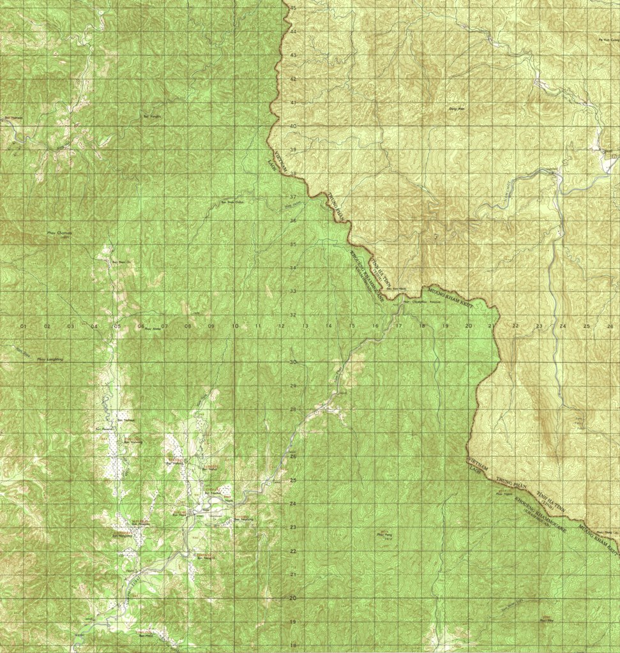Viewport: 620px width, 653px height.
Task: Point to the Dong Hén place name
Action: (x=456, y=109)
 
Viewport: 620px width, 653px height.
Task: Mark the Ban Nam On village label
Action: (x=121, y=262)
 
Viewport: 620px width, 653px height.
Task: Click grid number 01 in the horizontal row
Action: (x=24, y=327)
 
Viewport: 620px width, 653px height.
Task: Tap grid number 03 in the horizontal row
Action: (x=70, y=327)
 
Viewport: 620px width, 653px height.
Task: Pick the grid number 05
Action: (x=117, y=327)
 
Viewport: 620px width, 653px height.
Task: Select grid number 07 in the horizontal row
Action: (x=164, y=327)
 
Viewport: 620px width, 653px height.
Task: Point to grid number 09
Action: (x=211, y=327)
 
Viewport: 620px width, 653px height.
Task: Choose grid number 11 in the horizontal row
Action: (x=259, y=327)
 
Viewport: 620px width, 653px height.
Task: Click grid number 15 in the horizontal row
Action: (x=352, y=327)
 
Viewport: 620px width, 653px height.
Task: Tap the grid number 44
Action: (x=293, y=31)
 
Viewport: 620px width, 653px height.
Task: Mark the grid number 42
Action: (x=293, y=79)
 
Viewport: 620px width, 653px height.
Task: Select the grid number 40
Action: (x=293, y=126)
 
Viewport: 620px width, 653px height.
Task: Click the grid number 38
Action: (x=293, y=173)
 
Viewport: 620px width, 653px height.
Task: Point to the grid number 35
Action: (x=293, y=244)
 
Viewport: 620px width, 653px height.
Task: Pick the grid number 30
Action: (x=293, y=362)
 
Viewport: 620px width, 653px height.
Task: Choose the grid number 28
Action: (x=293, y=409)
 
